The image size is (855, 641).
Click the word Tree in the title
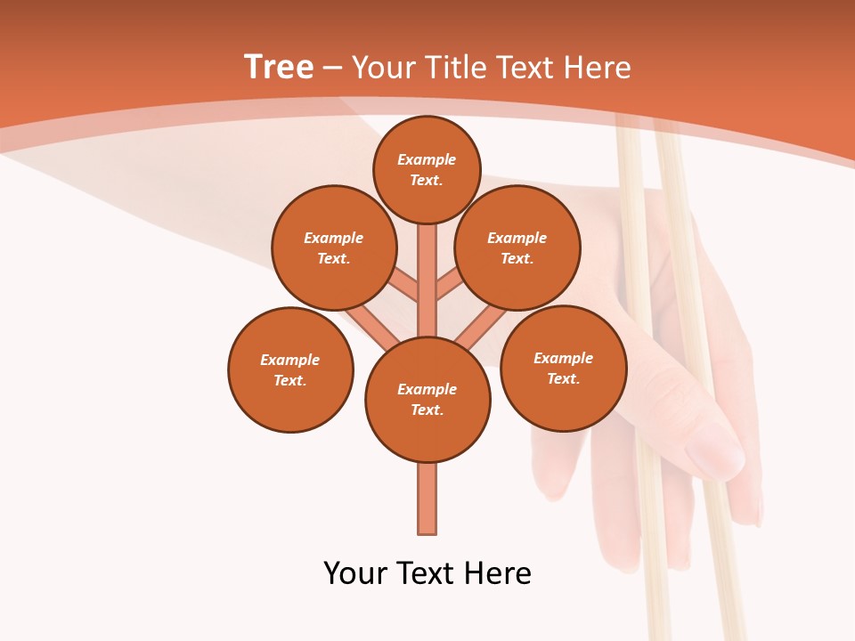pos(278,68)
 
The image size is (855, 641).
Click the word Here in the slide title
pos(598,68)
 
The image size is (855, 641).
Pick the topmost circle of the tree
pos(427,169)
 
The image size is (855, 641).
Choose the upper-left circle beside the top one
pos(334,247)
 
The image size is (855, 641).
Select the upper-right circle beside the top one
pos(517,247)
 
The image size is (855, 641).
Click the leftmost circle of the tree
pos(290,369)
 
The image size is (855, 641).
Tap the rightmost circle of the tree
pos(563,368)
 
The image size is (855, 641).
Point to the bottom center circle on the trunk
pos(427,400)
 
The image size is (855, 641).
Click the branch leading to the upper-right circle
pos(449,287)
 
